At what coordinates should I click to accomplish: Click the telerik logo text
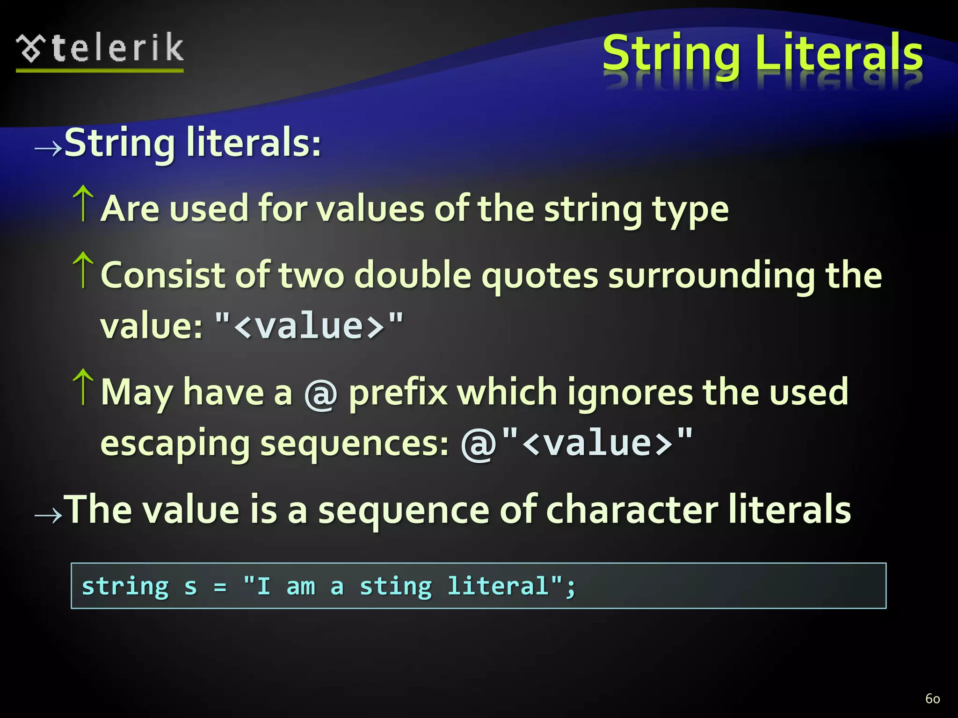coord(117,48)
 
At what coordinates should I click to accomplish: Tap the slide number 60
coord(932,698)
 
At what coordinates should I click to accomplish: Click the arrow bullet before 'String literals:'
coord(48,149)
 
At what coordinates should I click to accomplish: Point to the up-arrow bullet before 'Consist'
coord(83,270)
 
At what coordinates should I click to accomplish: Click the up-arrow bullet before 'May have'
coord(83,387)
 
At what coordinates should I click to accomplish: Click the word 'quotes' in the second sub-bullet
coord(540,276)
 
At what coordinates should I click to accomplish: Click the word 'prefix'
coord(398,393)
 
